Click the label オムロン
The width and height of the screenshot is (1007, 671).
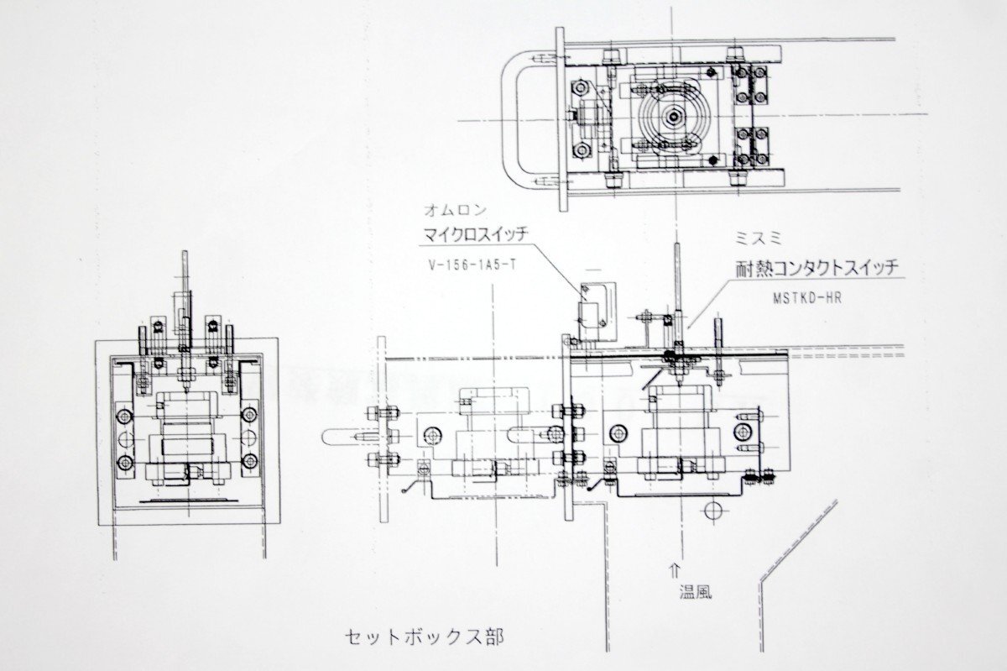click(456, 210)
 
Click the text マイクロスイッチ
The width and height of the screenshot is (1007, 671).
click(476, 235)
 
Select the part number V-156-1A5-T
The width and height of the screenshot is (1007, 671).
click(472, 265)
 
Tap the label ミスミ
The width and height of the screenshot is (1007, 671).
click(759, 239)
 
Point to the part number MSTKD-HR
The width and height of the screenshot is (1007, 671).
click(807, 298)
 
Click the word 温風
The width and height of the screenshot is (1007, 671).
click(696, 593)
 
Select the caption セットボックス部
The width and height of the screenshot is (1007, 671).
click(424, 637)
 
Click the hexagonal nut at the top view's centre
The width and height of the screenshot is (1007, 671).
click(672, 117)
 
